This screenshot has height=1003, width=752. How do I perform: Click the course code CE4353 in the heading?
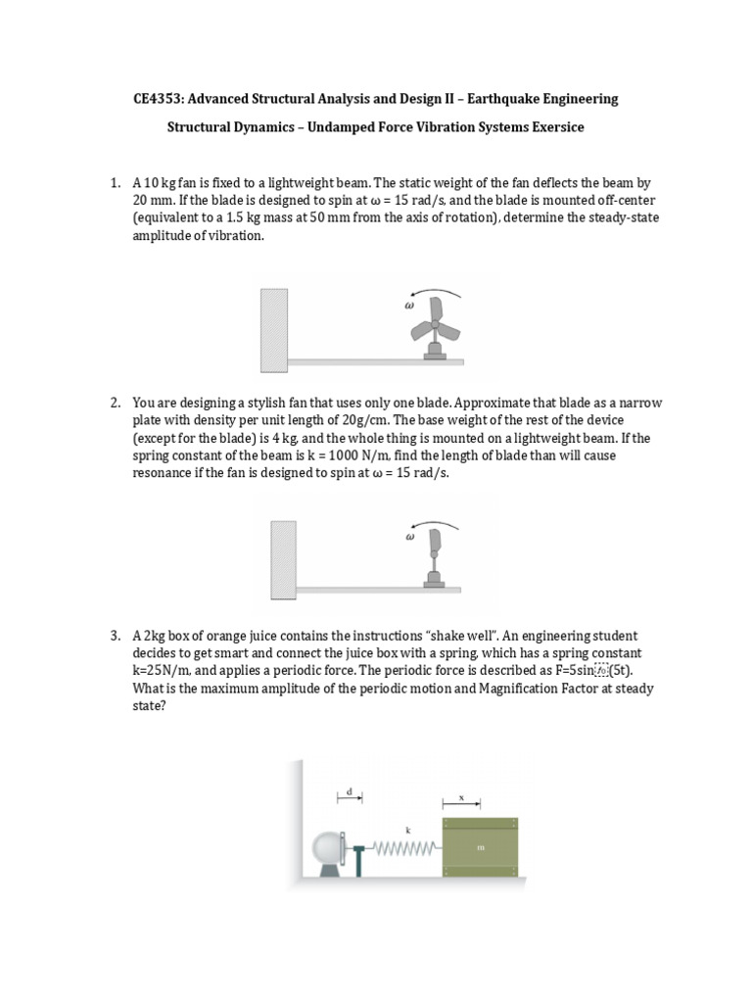point(160,99)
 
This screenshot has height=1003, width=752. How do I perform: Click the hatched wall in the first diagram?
point(272,329)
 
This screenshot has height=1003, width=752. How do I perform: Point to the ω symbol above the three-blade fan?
point(410,305)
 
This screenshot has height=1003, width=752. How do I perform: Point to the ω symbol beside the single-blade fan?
point(410,537)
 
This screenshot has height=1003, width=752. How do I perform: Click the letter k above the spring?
point(408,829)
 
